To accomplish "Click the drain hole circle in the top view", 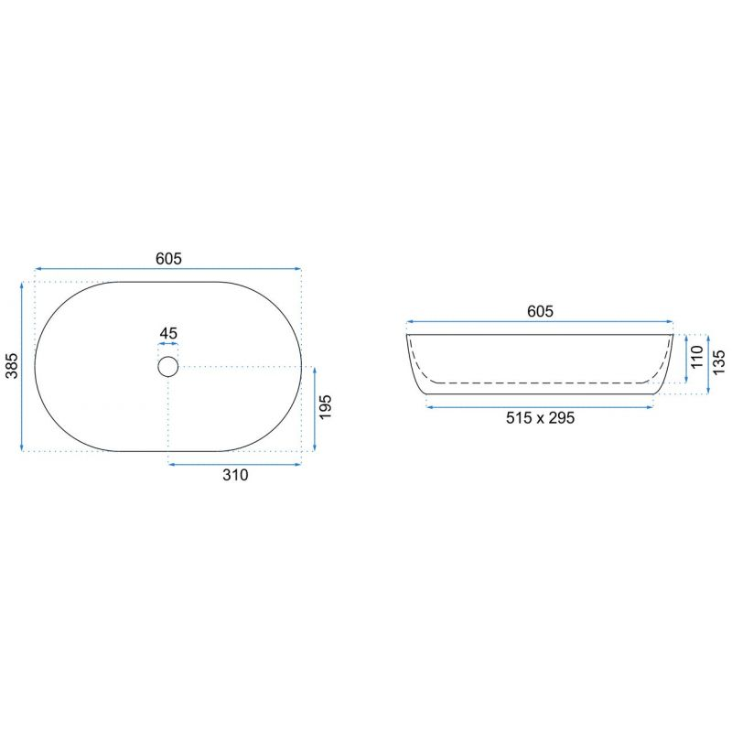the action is (168, 356).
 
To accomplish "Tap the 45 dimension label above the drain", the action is (168, 333).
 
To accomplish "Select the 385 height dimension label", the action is (12, 366).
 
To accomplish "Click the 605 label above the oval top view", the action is (168, 258).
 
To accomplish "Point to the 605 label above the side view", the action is (540, 311).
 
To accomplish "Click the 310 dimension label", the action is (235, 475).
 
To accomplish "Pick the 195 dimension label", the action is (325, 406).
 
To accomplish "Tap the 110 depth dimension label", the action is (697, 357).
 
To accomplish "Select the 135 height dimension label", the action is (719, 361).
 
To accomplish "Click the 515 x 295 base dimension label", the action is (540, 418).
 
